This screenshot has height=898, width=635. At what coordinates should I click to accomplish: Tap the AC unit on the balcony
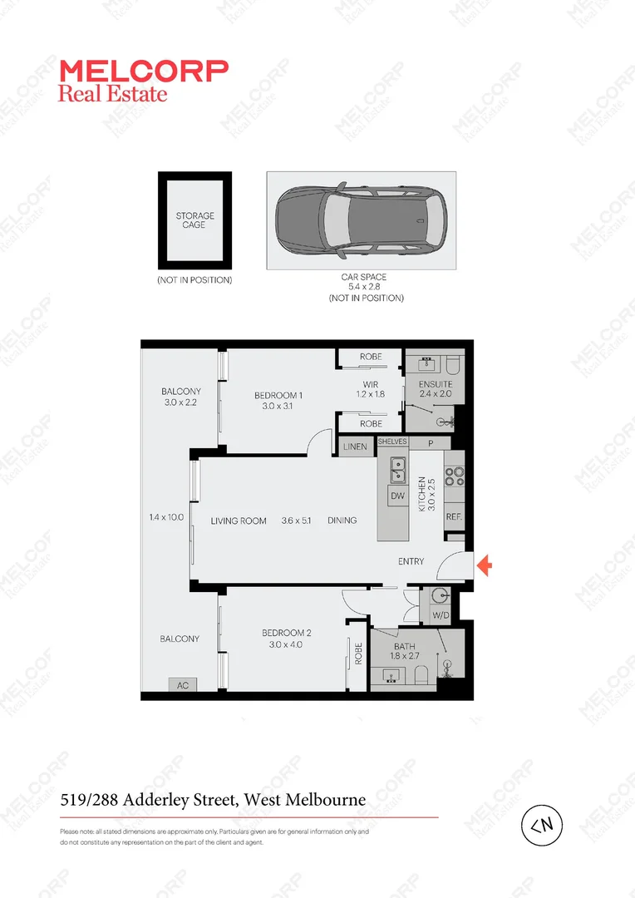click(183, 684)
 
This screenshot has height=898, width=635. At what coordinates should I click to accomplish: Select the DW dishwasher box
click(397, 496)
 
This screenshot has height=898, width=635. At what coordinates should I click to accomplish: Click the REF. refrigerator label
click(454, 516)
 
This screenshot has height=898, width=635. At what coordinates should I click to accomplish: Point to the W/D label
click(440, 616)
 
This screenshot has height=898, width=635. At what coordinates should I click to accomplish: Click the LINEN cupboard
click(355, 447)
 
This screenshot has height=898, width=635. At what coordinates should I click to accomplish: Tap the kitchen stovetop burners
click(454, 476)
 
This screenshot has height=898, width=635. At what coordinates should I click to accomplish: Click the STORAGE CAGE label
click(194, 220)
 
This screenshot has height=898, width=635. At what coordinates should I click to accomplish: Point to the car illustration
click(362, 220)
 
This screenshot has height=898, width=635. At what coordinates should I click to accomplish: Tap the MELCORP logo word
click(143, 71)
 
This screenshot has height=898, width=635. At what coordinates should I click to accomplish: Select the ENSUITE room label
click(435, 383)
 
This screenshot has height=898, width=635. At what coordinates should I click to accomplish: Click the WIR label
click(370, 383)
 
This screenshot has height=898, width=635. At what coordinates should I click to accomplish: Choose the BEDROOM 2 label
click(285, 633)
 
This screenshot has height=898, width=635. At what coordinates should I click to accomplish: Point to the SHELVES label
click(392, 442)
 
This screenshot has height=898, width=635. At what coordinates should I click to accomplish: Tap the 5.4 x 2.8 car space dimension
click(364, 287)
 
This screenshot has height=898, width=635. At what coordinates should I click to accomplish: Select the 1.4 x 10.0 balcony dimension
click(166, 516)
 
